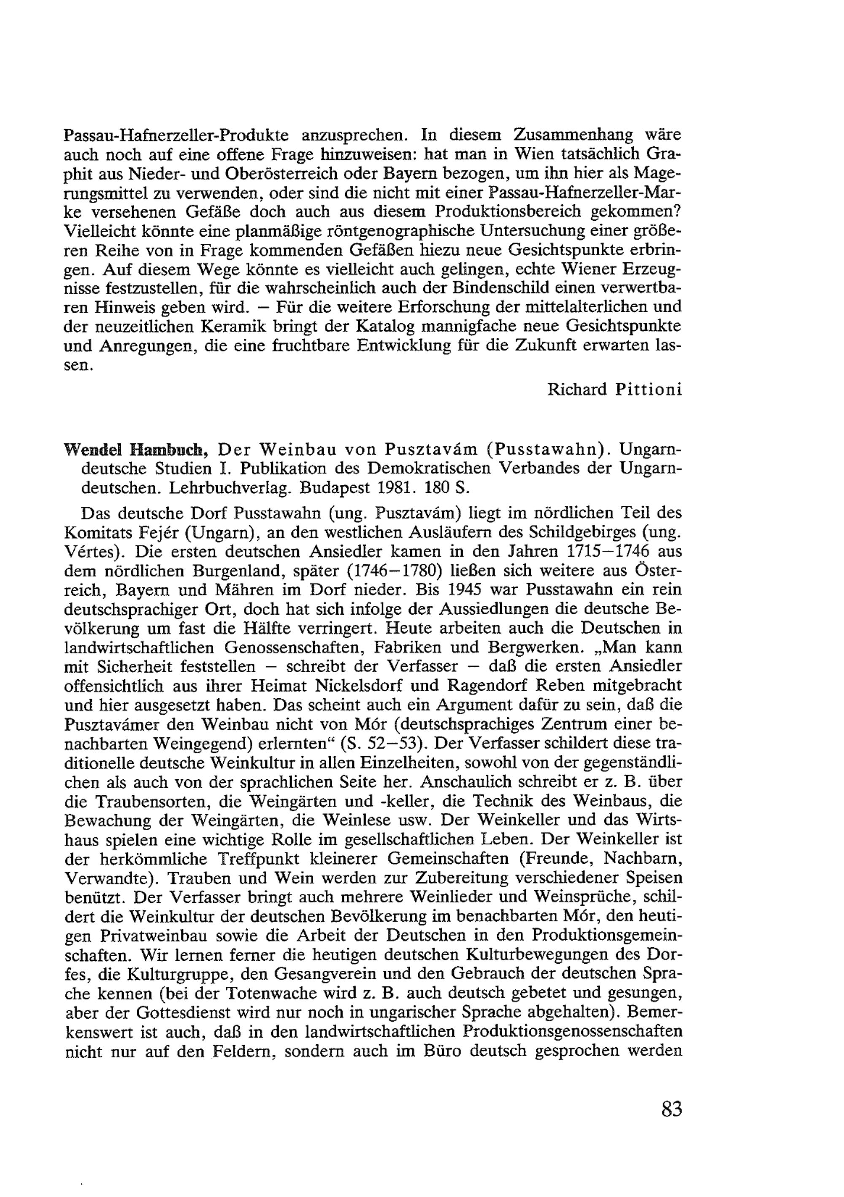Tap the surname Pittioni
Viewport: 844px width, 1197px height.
[649, 389]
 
